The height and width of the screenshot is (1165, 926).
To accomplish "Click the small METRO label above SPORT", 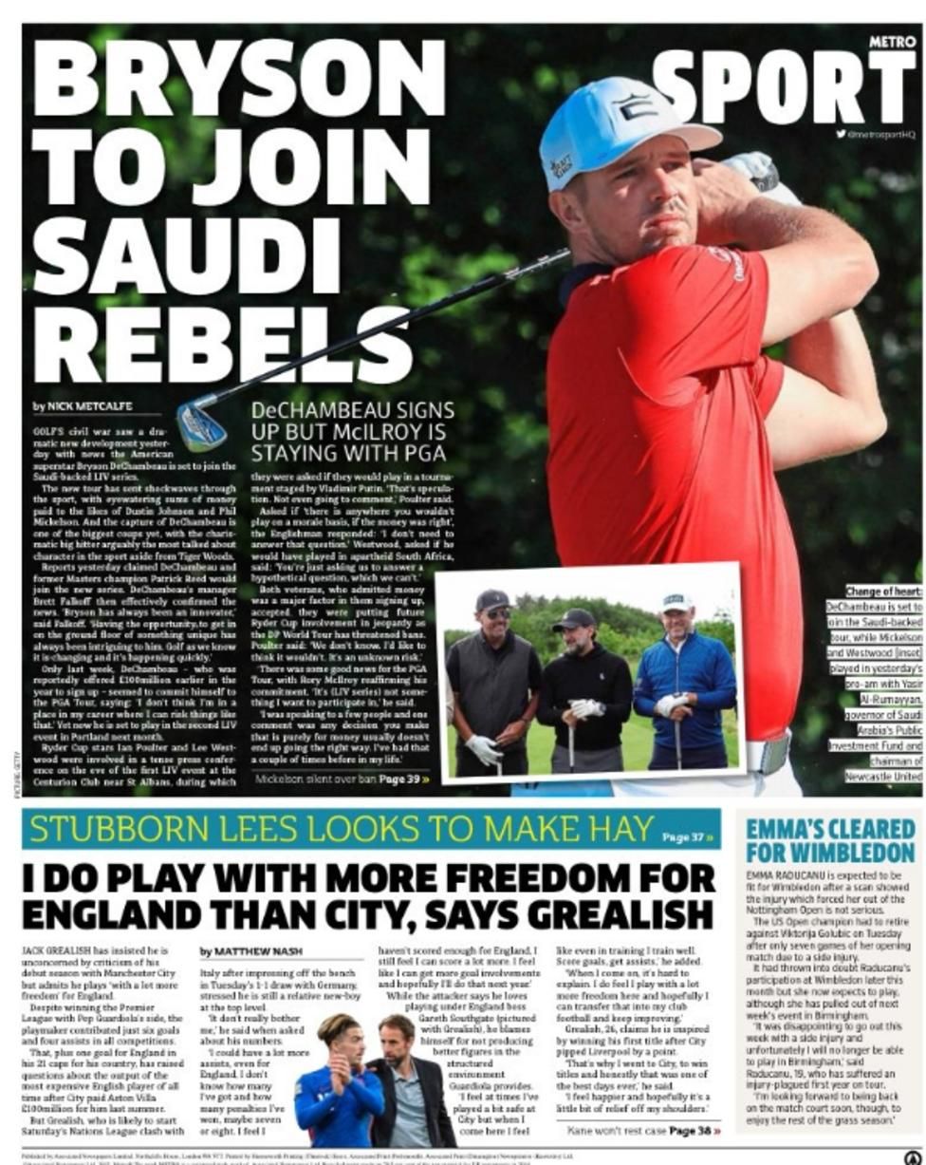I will (892, 42).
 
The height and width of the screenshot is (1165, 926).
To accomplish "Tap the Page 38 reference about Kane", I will (694, 1130).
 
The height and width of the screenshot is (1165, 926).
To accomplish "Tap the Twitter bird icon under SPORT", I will (841, 134).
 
